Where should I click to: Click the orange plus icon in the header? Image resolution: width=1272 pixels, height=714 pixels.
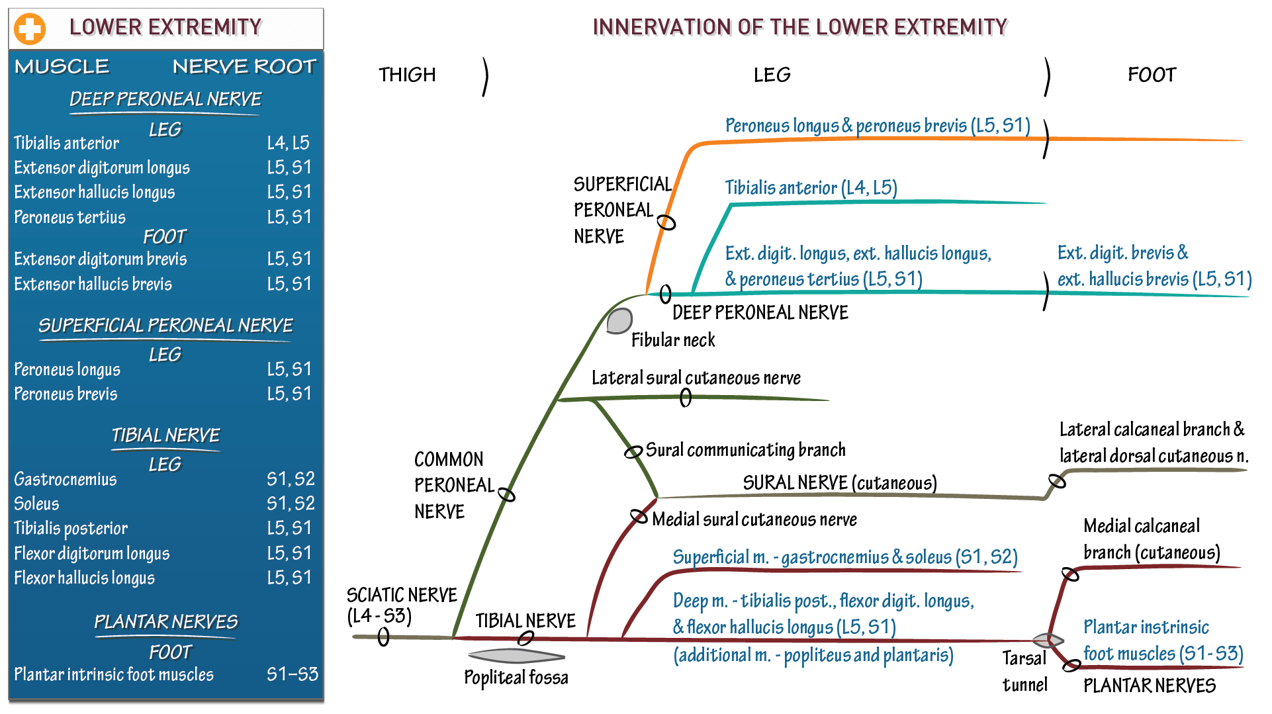30,28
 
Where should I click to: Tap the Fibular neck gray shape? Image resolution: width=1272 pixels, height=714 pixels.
619,321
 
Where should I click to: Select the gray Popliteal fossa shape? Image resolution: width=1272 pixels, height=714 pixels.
516,656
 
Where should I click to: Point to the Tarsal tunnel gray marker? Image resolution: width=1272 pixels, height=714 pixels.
1048,640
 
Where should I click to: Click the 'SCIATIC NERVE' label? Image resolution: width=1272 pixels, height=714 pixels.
401,595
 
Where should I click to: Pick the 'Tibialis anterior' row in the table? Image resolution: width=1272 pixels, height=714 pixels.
67,143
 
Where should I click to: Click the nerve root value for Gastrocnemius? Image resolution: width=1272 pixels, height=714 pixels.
291,478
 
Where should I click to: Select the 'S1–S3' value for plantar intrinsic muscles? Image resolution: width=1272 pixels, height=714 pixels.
292,674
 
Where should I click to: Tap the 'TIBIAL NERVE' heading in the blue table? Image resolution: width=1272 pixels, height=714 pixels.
165,435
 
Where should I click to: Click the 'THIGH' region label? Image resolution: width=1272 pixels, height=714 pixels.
407,75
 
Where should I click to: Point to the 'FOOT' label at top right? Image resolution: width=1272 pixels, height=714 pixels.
1152,75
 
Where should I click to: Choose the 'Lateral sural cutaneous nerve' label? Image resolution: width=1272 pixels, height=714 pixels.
696,378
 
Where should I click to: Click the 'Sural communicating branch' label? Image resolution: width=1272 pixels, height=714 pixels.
745,450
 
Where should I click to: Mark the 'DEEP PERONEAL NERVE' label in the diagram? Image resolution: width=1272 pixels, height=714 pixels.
760,312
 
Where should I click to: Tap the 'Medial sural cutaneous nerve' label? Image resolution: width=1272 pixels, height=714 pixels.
754,519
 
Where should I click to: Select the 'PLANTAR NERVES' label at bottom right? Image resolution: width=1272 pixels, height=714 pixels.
1149,686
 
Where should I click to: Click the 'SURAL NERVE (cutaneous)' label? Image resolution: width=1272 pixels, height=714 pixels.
839,483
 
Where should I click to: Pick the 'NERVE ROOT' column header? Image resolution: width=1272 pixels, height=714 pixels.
244,66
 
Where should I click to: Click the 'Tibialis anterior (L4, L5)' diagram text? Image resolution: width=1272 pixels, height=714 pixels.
811,188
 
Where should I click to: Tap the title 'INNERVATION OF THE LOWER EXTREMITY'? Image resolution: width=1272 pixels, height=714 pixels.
799,27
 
